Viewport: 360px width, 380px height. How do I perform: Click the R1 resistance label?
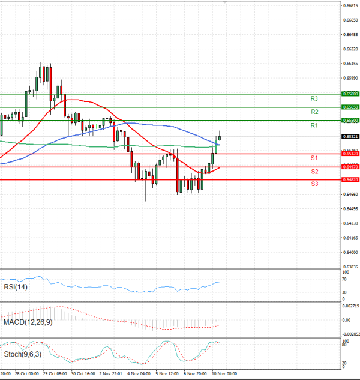314,125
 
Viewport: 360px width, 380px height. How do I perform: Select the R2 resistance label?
314,112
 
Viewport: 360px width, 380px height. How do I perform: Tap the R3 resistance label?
314,98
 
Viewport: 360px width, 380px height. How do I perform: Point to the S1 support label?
314,158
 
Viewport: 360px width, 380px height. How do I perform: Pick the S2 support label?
314,172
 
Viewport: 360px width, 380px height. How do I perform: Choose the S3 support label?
314,184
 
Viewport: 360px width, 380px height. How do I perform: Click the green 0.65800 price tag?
350,94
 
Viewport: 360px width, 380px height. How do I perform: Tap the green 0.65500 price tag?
350,120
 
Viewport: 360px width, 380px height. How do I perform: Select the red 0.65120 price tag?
350,154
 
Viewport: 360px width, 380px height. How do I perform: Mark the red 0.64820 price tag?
350,179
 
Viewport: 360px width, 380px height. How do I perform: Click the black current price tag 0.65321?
350,137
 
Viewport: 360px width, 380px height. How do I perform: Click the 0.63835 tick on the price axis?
351,267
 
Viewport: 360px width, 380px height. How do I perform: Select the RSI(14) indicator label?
14,287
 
